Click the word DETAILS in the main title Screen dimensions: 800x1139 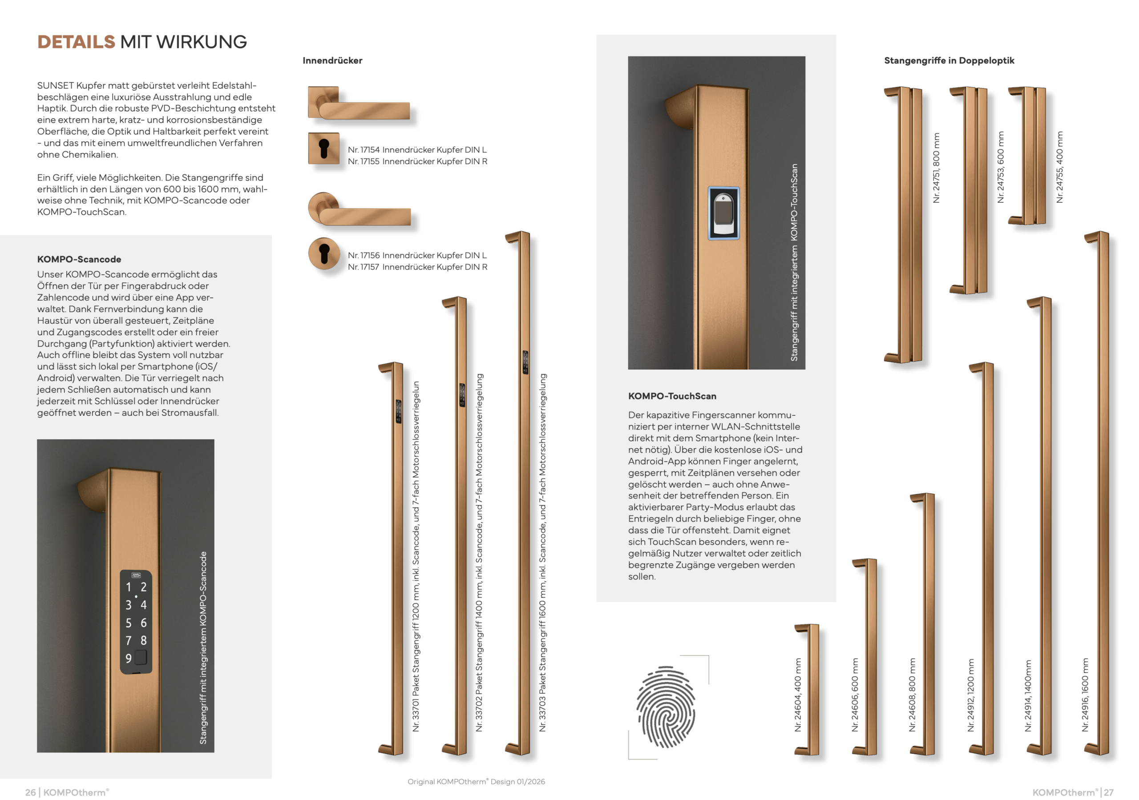[76, 42]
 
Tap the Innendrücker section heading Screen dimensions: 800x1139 [332, 60]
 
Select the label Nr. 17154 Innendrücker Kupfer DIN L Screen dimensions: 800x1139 [417, 149]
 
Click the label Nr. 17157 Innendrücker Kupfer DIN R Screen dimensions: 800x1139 [417, 267]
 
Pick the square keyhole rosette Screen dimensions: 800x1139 [323, 148]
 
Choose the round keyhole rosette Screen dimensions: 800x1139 [324, 253]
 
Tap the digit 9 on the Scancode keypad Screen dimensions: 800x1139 [129, 658]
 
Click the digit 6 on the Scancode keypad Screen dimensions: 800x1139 [143, 623]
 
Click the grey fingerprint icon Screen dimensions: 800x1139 [666, 706]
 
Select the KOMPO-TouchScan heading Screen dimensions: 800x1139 [672, 396]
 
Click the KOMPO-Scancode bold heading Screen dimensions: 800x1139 [79, 259]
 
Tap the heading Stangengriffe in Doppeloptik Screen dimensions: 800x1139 [949, 60]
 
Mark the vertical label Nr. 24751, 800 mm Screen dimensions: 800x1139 [936, 168]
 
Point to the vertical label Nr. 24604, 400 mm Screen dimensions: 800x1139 [798, 694]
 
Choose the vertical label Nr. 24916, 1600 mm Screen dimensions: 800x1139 [1085, 694]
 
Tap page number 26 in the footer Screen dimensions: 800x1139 [30, 792]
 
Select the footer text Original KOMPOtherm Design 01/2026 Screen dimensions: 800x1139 [476, 781]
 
